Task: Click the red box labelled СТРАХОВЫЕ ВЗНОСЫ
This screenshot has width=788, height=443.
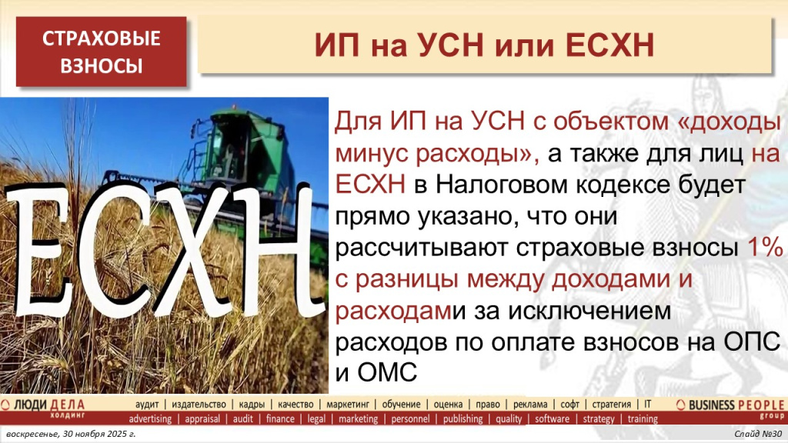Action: [102, 52]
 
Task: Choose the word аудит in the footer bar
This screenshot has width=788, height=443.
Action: [147, 405]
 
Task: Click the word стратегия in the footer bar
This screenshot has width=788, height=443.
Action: [612, 405]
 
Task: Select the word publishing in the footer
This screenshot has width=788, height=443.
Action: [462, 419]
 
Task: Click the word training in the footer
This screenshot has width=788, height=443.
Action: [643, 419]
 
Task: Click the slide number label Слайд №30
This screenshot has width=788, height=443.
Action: [758, 435]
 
